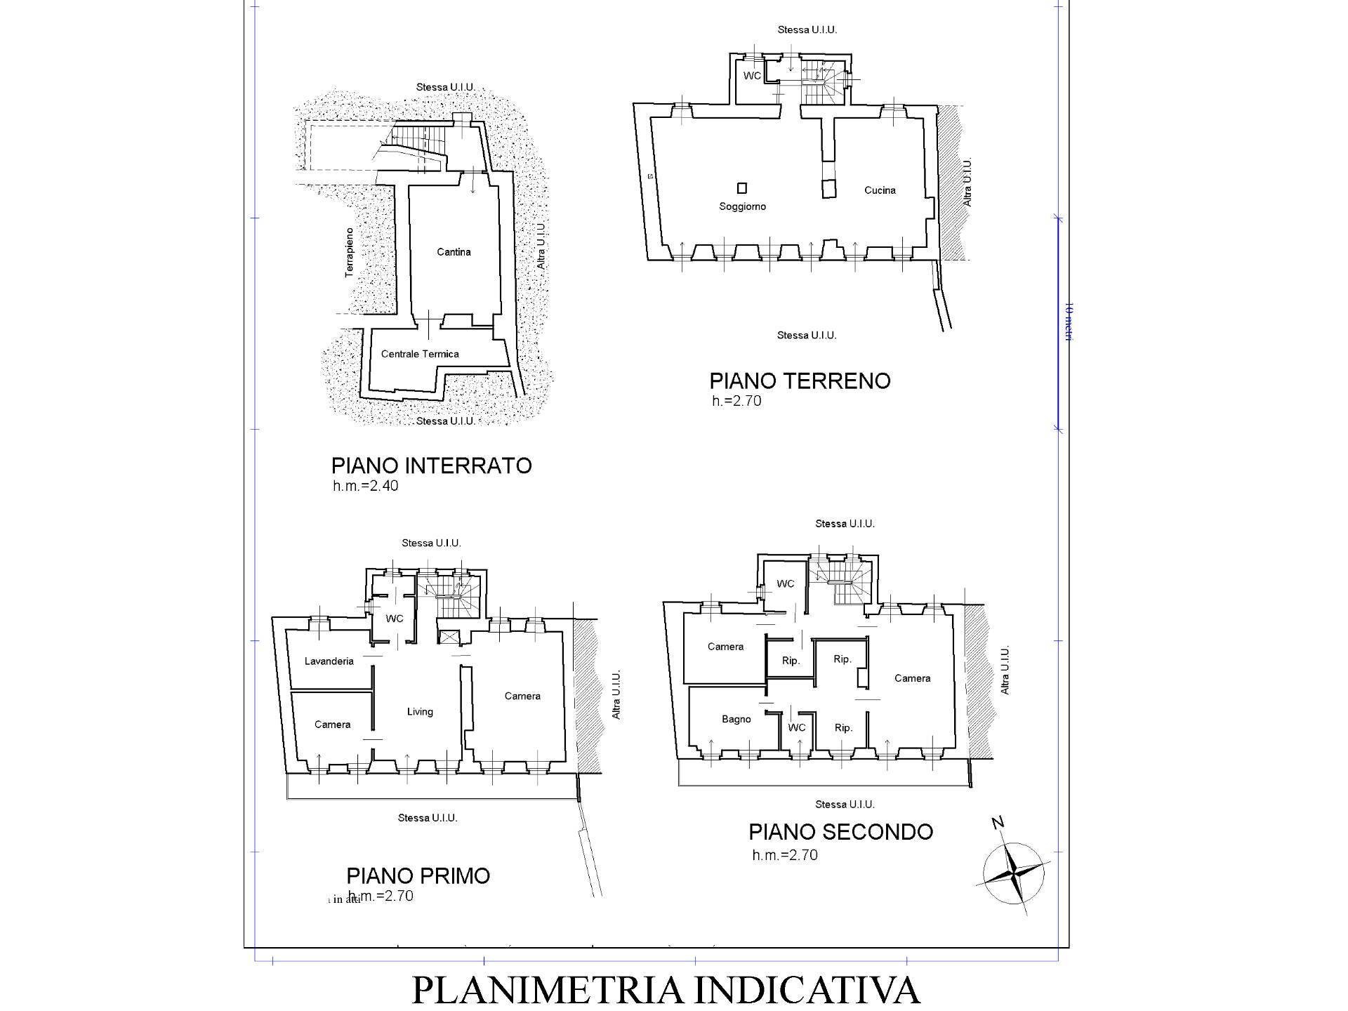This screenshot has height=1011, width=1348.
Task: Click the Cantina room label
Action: [454, 252]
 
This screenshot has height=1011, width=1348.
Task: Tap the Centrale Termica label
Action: [420, 354]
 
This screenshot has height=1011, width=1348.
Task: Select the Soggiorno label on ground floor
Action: [742, 206]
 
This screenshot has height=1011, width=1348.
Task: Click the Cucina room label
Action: [880, 190]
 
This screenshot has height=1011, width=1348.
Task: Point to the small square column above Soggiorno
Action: [742, 187]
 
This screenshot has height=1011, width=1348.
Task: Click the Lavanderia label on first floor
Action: [329, 661]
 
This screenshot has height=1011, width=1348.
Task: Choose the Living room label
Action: [420, 712]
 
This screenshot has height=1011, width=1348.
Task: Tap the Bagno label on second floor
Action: [736, 720]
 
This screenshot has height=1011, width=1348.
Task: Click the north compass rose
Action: [1013, 874]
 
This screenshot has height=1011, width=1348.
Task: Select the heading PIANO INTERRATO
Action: [431, 466]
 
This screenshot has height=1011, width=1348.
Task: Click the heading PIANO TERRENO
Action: [800, 381]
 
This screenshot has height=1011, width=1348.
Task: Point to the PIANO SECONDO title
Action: [840, 832]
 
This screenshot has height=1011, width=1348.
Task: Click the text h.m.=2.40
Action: [365, 486]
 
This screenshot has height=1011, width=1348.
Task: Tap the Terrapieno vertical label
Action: [350, 252]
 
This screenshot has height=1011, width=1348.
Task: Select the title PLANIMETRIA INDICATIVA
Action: [665, 990]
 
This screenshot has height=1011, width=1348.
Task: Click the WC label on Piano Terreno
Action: [752, 76]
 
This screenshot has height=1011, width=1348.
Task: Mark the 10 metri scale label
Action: [1069, 322]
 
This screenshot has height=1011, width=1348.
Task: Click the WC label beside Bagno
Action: [796, 728]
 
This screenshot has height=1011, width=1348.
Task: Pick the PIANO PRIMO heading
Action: [418, 876]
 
